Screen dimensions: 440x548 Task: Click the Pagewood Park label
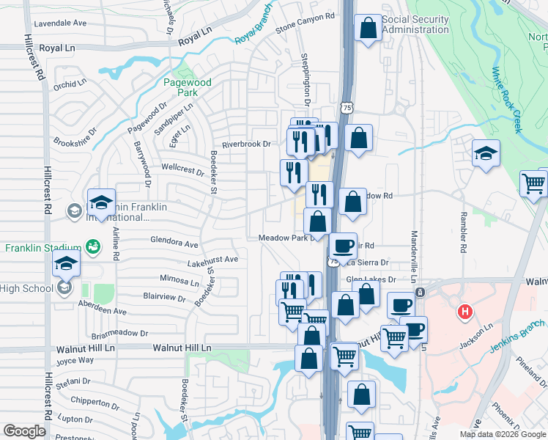(188, 88)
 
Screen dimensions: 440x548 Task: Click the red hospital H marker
(463, 312)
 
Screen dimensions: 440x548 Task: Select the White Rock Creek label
(507, 100)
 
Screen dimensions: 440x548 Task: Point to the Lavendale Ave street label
(60, 23)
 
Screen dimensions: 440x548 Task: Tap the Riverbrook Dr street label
(246, 144)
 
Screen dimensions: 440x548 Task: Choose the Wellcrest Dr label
(182, 170)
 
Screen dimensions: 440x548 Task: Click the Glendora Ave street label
(174, 243)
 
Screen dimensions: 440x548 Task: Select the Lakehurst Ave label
(212, 260)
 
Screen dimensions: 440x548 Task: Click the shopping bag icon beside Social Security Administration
(368, 29)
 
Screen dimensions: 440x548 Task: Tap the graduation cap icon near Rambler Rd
(486, 153)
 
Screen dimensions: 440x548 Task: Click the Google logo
(25, 431)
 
